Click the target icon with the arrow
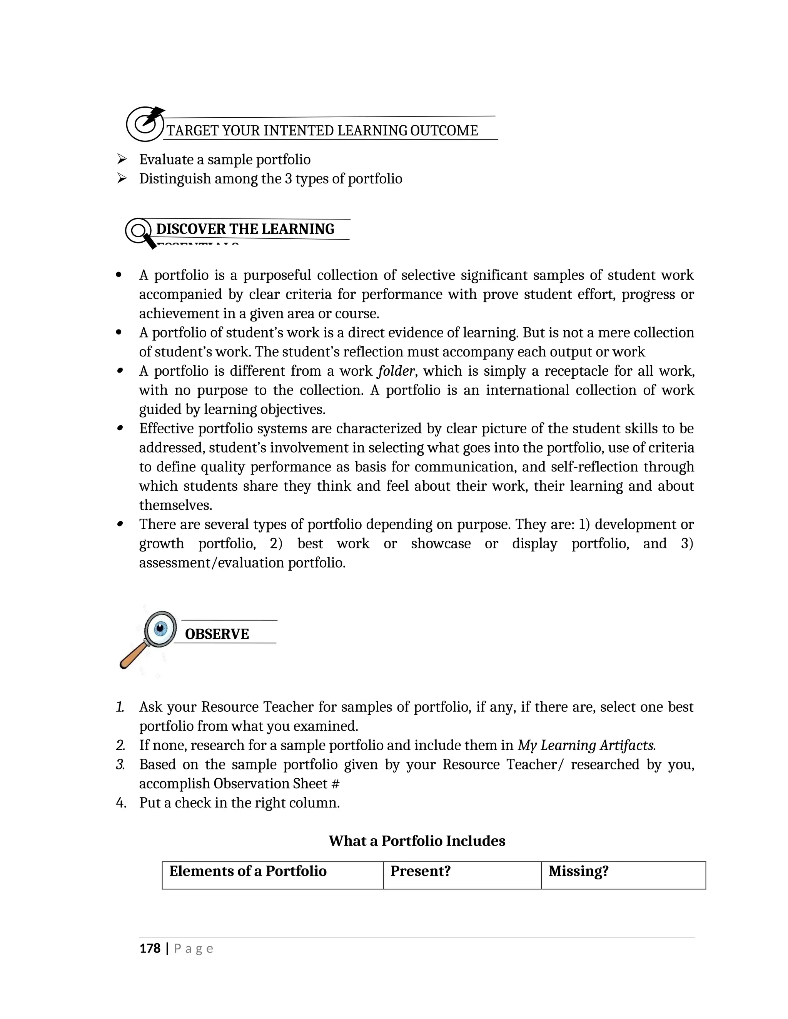point(145,124)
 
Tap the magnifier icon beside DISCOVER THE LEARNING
point(140,232)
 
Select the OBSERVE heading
point(217,634)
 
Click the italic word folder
point(396,371)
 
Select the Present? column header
point(420,871)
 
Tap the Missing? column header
point(578,871)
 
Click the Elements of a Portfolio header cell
point(248,871)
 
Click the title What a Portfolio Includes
point(417,841)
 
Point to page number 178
point(150,949)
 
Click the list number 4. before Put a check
point(121,803)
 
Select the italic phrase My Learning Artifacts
point(586,745)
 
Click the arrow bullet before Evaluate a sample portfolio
point(122,160)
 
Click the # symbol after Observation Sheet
point(335,784)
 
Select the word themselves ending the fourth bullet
point(175,505)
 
